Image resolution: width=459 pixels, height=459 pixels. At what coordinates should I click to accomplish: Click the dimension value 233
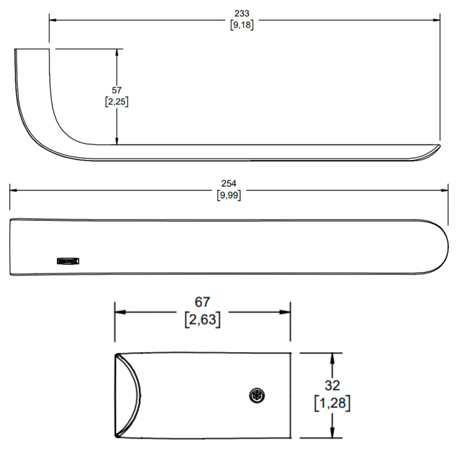[242, 14]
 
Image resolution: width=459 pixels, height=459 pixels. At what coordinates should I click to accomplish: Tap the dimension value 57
[117, 90]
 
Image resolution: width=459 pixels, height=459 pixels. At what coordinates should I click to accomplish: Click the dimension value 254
[229, 184]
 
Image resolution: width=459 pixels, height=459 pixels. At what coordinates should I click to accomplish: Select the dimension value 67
[202, 302]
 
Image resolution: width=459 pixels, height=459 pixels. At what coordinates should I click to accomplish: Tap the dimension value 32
[332, 386]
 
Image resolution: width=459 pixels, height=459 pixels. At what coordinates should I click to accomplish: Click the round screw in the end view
[257, 396]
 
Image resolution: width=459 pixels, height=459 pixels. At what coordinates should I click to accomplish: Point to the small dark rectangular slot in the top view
[68, 261]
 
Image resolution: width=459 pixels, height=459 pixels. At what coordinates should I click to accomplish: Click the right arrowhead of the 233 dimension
[436, 20]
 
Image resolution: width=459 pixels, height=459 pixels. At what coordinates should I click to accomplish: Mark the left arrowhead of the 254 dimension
[14, 190]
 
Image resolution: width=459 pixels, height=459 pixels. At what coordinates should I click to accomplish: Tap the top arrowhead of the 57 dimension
[117, 52]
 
